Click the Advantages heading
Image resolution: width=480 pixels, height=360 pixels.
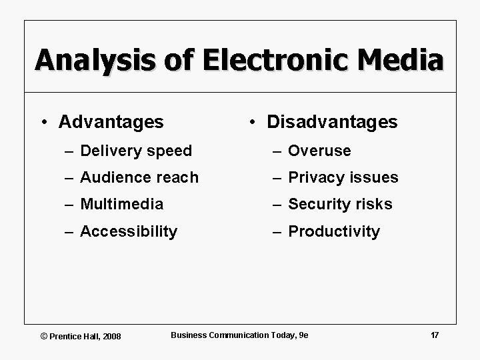(111, 122)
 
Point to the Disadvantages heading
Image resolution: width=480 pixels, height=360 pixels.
(331, 122)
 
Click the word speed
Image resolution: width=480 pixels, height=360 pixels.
(170, 151)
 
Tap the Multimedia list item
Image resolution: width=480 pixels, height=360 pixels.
(121, 204)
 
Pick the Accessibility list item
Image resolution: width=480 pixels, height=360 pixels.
(129, 231)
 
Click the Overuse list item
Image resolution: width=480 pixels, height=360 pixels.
(319, 151)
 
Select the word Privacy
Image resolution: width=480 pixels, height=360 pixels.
(315, 177)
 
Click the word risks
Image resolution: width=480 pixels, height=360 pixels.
(374, 204)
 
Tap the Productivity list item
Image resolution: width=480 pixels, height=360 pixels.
(334, 231)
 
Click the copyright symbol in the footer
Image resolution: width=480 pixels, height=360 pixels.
(45, 336)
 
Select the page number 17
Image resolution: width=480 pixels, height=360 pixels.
(435, 335)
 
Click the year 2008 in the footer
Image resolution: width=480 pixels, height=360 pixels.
(111, 336)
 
